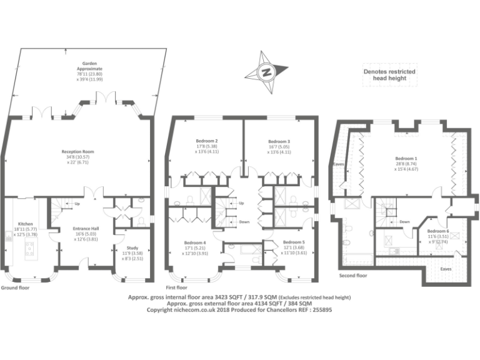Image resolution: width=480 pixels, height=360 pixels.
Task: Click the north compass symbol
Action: click(266, 72)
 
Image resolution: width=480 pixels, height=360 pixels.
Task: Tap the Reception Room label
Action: click(77, 151)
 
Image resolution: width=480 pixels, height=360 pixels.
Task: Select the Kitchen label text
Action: click(25, 223)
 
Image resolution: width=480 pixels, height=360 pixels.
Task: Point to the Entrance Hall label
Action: click(83, 229)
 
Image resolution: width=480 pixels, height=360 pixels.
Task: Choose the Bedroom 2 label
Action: click(207, 141)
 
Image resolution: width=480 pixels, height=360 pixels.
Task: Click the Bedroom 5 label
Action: click(294, 242)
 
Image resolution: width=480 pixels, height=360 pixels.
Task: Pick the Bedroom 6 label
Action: click(439, 231)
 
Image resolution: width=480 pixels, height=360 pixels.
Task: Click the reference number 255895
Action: click(319, 309)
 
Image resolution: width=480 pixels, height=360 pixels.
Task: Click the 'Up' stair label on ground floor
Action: click(77, 204)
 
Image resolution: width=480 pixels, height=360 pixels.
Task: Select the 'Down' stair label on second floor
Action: click(404, 221)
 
